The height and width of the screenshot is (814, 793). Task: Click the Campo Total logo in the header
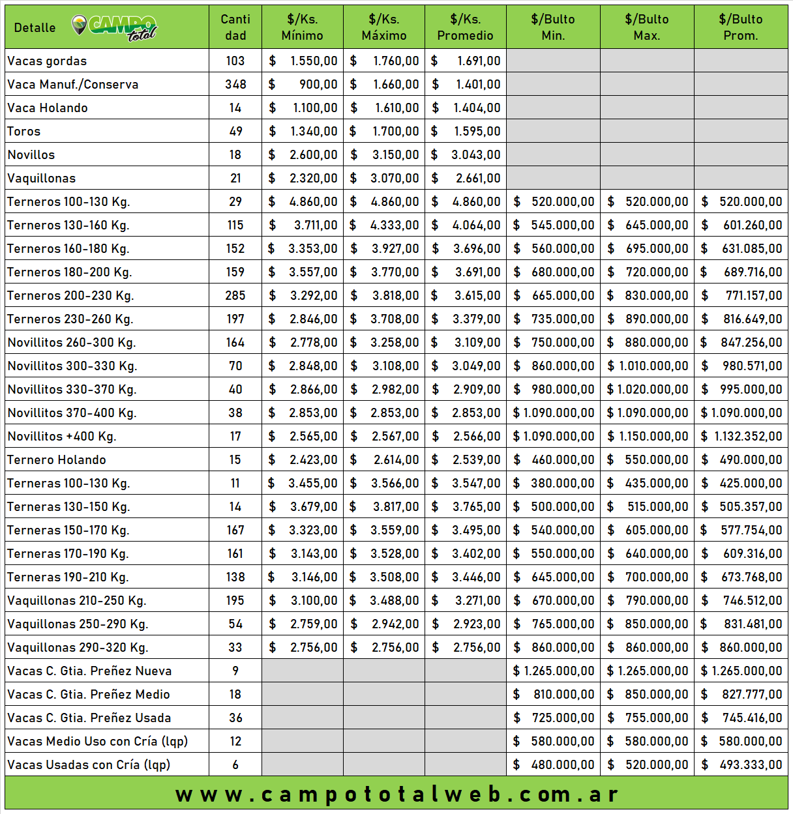coord(114,27)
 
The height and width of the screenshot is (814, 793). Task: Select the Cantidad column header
coord(235,27)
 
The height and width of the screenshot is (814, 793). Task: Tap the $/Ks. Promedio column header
coord(465,27)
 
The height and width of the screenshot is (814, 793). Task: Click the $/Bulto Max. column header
coord(646,27)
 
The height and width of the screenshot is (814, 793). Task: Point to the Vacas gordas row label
coord(47,61)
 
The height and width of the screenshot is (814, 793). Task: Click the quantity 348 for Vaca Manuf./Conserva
coord(235,85)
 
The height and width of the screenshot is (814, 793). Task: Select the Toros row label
coord(24,132)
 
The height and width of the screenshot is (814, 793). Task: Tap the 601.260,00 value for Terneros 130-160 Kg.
coord(752,225)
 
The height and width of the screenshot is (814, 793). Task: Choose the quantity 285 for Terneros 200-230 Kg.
coord(235,296)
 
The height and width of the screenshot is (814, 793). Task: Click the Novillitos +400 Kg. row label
coord(62,437)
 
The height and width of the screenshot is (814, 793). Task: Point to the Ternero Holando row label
coord(57,460)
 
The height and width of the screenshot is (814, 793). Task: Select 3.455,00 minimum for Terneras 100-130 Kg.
coord(313,484)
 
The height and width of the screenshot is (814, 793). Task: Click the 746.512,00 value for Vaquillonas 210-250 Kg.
coord(752,601)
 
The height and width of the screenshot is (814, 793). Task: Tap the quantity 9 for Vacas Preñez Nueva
coord(235,671)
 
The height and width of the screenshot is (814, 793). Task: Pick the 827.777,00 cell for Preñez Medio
coord(751,695)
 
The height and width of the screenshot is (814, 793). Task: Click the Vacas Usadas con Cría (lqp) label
coord(89,765)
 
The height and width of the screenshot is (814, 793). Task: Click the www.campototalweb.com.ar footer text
coord(396,794)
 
